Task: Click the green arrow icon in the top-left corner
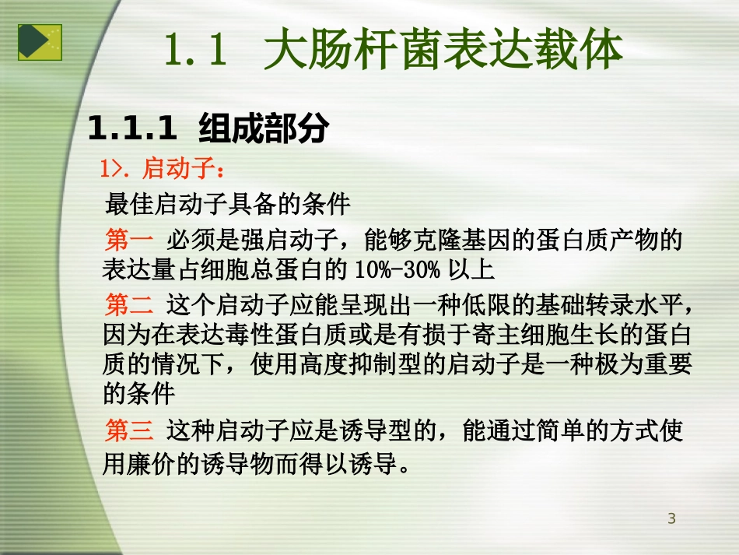40,42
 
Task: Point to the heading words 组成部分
264,129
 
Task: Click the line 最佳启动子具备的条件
227,204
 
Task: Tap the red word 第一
128,241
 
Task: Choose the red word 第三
128,430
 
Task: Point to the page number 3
671,519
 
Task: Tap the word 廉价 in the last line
154,465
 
